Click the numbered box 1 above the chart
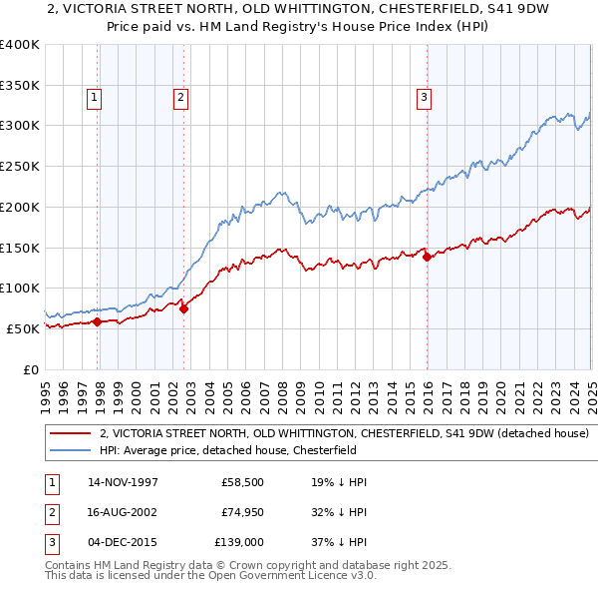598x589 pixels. (x=93, y=97)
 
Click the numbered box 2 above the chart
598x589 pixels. (x=180, y=97)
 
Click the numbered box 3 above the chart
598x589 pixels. (x=424, y=97)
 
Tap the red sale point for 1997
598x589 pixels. (x=98, y=321)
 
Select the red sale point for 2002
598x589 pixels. (x=184, y=308)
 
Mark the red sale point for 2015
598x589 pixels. (x=427, y=257)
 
